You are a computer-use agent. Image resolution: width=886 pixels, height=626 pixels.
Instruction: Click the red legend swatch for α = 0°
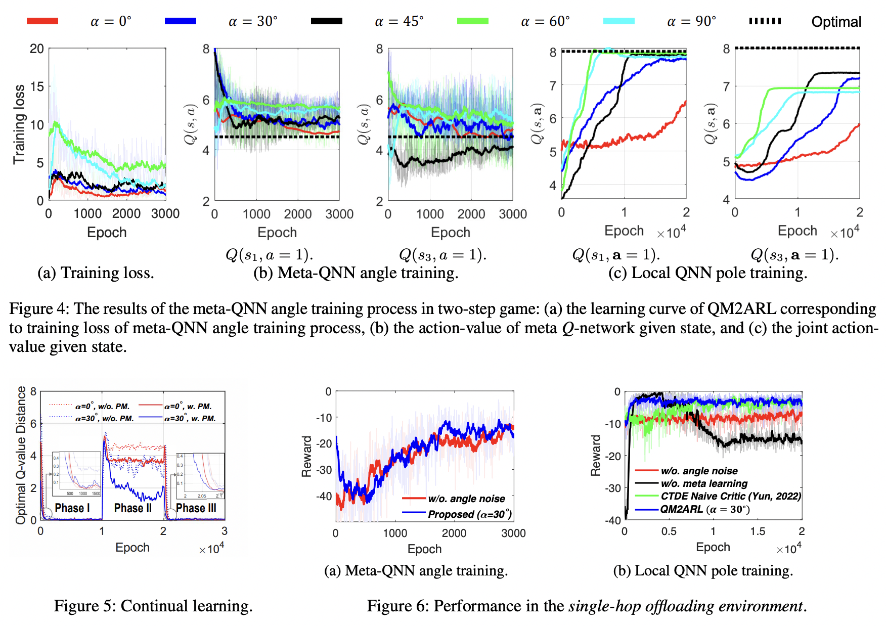coord(42,21)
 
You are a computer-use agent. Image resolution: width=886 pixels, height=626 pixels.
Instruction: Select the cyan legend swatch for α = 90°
coord(618,21)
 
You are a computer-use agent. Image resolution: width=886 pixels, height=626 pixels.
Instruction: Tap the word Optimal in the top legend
coord(836,22)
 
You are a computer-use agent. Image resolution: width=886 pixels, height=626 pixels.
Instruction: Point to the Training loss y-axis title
coord(19,124)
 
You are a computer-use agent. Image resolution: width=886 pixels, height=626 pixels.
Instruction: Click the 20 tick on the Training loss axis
coord(36,49)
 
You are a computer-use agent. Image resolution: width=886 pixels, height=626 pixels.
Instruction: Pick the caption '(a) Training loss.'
coord(96,273)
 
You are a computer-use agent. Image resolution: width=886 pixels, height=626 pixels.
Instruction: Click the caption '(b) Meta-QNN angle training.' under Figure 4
coord(356,273)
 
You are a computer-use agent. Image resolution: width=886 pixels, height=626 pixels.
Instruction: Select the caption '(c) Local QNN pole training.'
coord(707,273)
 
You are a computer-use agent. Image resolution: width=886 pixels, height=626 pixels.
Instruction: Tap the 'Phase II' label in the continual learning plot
coord(132,508)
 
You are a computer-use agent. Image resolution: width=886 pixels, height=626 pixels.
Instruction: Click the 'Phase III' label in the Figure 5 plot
coord(196,508)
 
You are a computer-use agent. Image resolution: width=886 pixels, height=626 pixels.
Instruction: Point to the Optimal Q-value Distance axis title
coord(21,455)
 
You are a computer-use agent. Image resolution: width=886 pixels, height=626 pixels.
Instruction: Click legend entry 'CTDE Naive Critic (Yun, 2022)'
coord(730,496)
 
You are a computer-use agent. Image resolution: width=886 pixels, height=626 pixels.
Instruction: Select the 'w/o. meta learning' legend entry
coord(704,483)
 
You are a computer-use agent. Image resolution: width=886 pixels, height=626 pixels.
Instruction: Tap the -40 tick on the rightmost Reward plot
coord(613,520)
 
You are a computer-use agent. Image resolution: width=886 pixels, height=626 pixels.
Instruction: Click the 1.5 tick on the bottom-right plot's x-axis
coord(757,531)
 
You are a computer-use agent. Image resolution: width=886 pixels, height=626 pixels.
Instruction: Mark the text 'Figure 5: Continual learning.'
coord(153,605)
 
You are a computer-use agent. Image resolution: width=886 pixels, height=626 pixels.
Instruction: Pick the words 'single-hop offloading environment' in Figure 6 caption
coord(685,605)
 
